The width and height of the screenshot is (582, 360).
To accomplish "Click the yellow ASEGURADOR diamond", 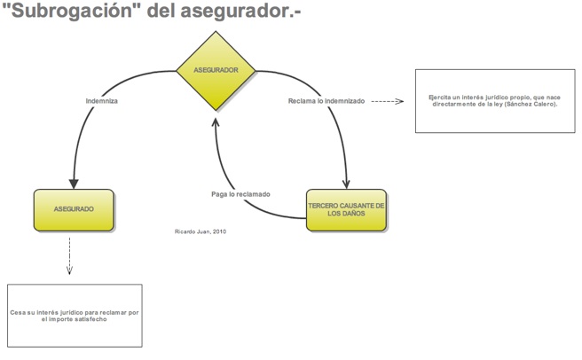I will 216,70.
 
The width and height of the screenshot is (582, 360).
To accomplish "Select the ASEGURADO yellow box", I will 74,209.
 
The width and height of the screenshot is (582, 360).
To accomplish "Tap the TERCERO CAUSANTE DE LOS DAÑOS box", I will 346,210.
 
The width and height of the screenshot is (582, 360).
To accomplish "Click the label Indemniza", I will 102,101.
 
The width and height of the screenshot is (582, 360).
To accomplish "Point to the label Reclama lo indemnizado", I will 326,101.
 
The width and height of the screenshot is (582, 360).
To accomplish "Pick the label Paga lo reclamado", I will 240,194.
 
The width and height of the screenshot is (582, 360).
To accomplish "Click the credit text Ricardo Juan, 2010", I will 201,231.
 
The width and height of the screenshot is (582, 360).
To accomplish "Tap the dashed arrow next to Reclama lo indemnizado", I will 387,101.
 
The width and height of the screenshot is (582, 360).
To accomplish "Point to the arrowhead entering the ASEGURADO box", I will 73,181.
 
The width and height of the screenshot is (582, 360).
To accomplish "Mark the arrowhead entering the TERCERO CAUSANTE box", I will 346,181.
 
